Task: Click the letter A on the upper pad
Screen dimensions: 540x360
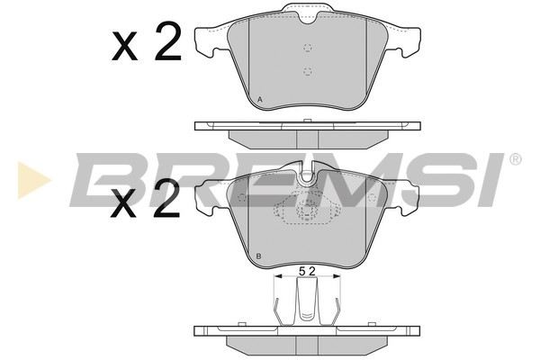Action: click(260, 100)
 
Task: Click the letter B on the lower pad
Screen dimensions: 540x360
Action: click(259, 256)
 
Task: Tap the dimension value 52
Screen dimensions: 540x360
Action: click(307, 272)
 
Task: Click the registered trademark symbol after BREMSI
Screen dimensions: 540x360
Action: click(515, 159)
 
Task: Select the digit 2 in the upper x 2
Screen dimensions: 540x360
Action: click(167, 41)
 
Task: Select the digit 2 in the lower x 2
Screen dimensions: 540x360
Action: click(166, 198)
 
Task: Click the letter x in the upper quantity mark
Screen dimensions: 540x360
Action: click(124, 47)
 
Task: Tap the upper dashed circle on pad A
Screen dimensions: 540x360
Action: click(308, 48)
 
